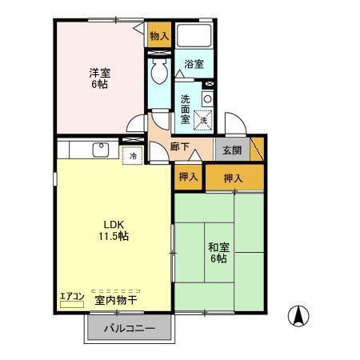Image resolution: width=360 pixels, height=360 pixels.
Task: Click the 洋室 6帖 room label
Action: click(99, 78)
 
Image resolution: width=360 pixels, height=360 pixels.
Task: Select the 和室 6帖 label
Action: click(218, 253)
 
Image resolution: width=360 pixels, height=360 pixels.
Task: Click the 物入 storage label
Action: click(159, 36)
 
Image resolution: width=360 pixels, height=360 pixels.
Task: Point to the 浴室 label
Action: click(194, 64)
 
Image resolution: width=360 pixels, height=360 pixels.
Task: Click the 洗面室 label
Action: click(185, 109)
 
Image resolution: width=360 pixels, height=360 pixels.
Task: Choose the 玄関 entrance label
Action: click(232, 150)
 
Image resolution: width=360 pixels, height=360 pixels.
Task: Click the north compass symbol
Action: click(298, 316)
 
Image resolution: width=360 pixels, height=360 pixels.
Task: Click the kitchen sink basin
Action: click(101, 150)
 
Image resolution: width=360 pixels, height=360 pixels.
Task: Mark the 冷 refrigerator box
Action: click(133, 155)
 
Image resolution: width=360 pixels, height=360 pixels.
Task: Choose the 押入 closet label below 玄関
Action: click(233, 178)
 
